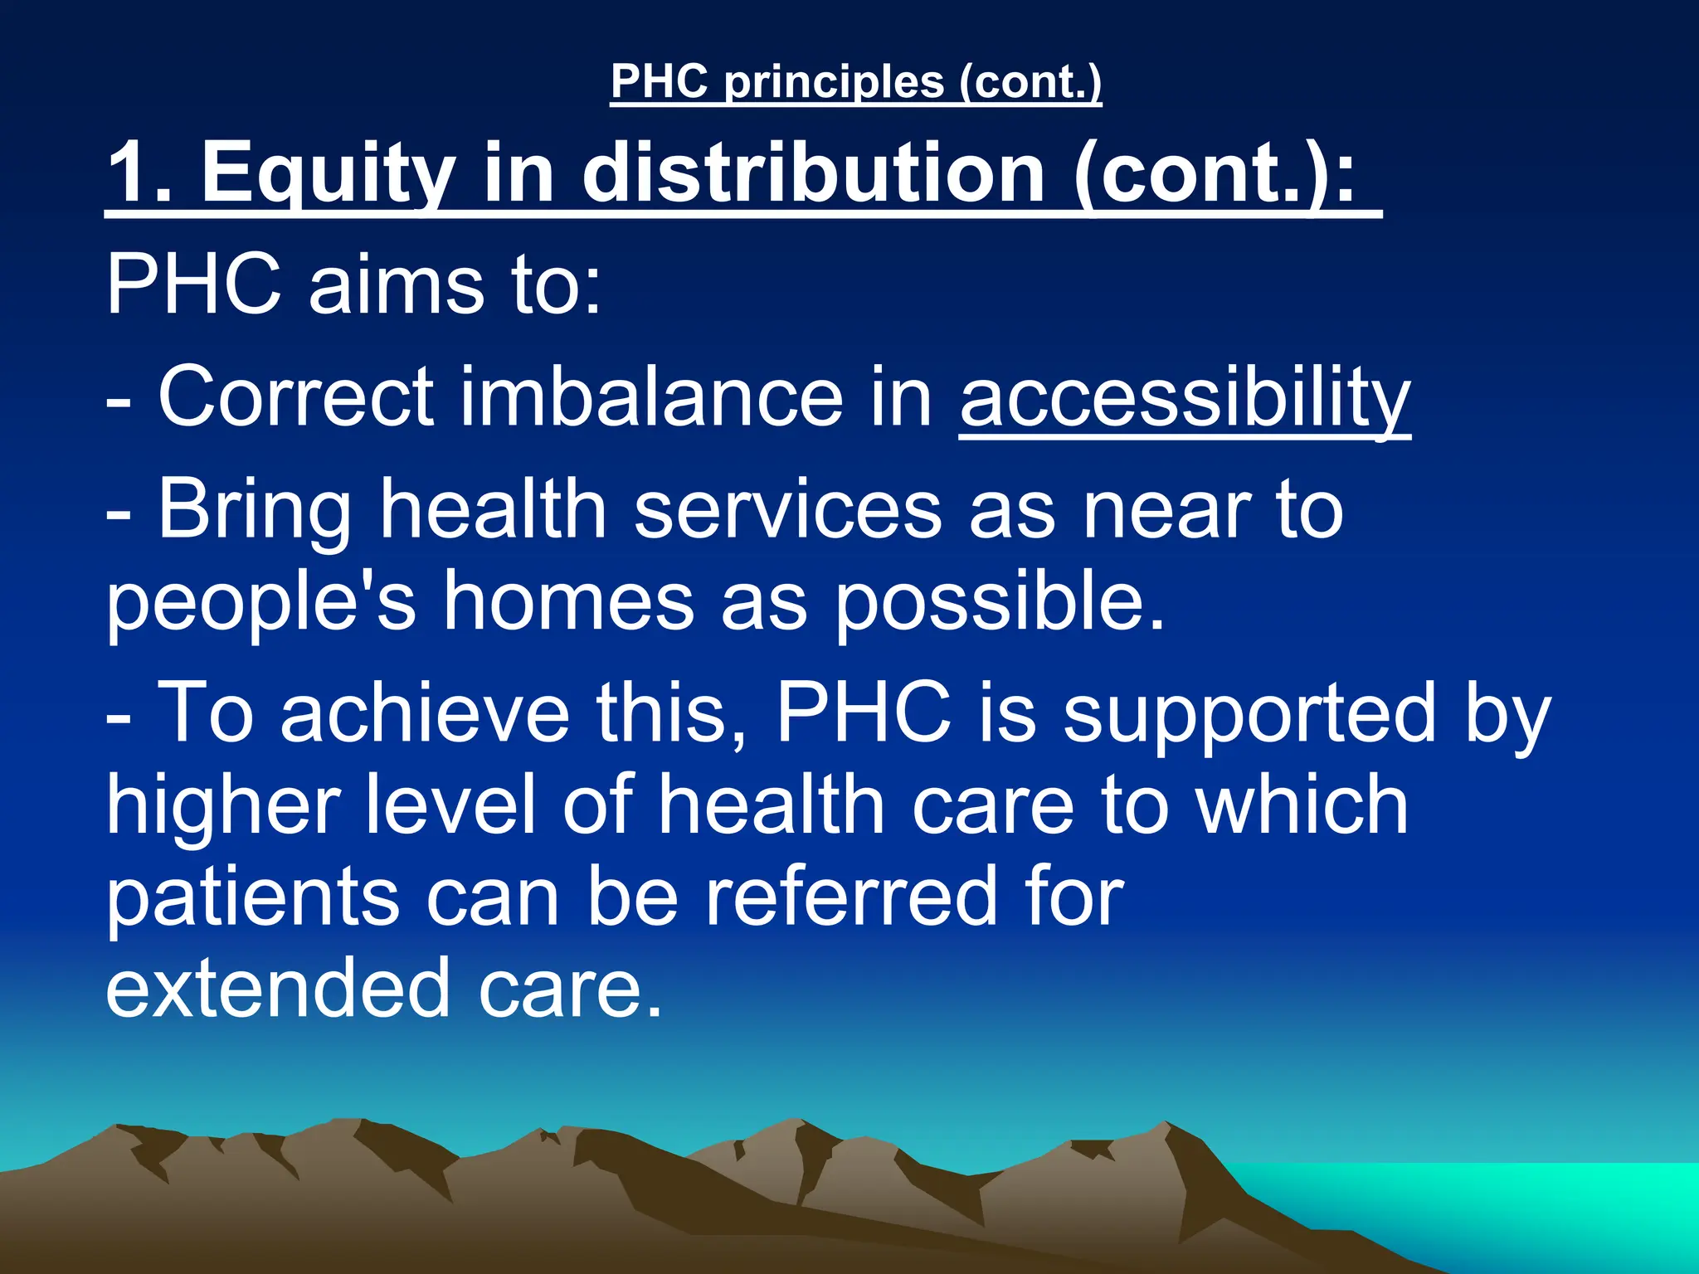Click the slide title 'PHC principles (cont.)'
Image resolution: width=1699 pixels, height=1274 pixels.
click(855, 81)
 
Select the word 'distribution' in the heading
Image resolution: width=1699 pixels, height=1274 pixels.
click(813, 172)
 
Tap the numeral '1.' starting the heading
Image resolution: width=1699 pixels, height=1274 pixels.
click(141, 172)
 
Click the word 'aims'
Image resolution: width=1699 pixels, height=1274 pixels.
click(397, 284)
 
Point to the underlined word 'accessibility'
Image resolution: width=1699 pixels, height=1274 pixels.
click(1185, 398)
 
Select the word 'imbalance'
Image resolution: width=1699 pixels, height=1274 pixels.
click(650, 398)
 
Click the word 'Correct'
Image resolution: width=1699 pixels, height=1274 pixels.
click(296, 398)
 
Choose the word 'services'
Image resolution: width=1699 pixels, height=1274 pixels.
click(788, 509)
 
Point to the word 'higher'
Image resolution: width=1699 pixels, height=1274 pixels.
click(223, 805)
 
